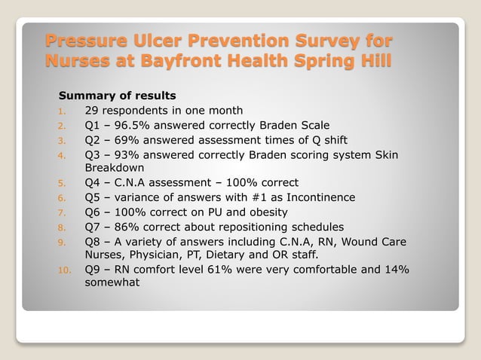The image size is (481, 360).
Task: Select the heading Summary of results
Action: pos(117,96)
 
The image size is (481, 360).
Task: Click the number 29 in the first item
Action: pos(92,111)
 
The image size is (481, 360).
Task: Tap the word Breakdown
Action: pos(114,168)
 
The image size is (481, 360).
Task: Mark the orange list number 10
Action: pos(64,270)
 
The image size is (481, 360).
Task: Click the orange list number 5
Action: pos(63,183)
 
